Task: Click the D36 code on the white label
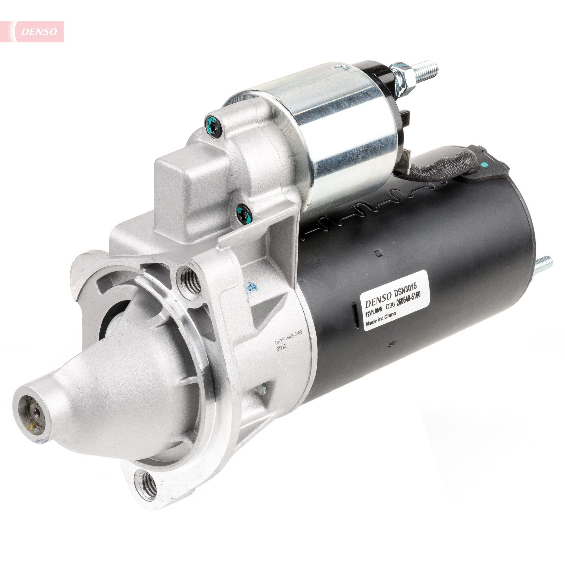click(x=390, y=307)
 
